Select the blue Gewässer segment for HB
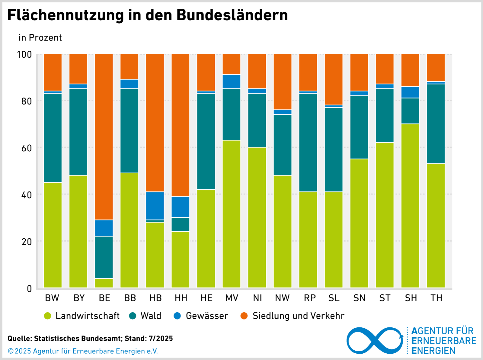tap(155, 206)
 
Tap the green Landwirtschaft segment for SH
tap(410, 205)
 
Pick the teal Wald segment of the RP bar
tap(308, 142)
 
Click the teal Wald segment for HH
tap(181, 224)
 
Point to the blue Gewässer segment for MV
tap(232, 82)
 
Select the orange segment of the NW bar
tap(283, 82)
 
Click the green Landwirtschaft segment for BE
tap(104, 283)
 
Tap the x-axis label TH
tap(436, 298)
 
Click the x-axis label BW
tap(52, 298)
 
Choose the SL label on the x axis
tap(334, 298)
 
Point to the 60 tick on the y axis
tap(27, 148)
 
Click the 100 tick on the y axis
tap(24, 55)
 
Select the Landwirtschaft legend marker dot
tap(48, 316)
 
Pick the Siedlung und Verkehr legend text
tap(298, 316)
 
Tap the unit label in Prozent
tap(40, 38)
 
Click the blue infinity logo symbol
tap(375, 340)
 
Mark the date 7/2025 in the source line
tap(161, 339)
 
